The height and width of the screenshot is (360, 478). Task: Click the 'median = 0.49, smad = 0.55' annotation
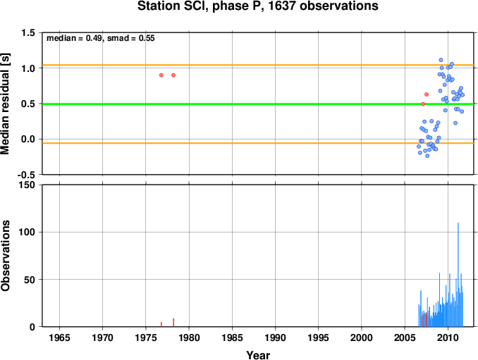101,38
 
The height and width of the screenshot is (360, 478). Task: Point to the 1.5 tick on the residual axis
27,33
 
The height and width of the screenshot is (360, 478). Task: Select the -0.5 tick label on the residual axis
26,175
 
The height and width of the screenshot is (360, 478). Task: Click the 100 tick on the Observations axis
27,232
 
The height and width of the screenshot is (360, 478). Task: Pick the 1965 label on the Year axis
59,337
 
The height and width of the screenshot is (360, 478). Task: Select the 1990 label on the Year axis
275,337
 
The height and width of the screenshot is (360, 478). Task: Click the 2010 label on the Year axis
448,337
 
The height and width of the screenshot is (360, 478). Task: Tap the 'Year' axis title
258,355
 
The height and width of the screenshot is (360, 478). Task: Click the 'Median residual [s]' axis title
6,104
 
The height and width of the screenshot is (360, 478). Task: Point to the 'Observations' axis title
6,256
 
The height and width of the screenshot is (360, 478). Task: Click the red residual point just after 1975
161,75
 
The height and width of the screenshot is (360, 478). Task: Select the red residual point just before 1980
173,75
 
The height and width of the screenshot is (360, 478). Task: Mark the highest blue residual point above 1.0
441,60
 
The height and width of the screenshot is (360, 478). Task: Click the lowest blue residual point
427,156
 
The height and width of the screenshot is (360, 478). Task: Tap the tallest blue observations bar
458,275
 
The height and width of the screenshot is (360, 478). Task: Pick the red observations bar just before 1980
173,323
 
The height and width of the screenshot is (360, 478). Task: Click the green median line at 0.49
258,104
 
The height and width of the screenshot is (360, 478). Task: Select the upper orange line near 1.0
258,66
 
